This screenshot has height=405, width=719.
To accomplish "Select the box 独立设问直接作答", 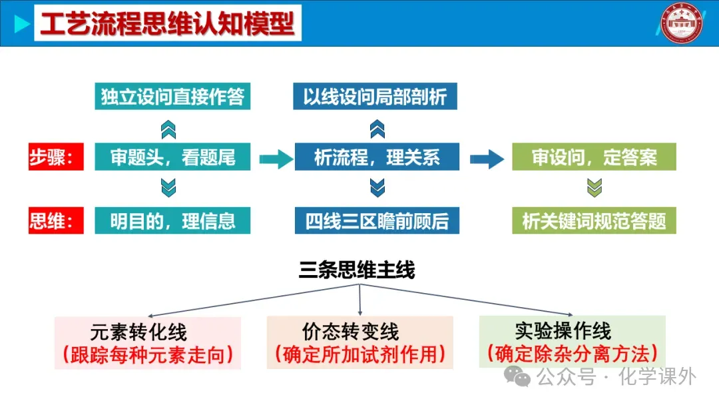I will pyautogui.click(x=172, y=97).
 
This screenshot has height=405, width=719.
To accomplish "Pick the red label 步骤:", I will pyautogui.click(x=56, y=157).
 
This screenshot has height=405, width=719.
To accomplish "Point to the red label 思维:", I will pyautogui.click(x=56, y=220).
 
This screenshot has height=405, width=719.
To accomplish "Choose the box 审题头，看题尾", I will pyautogui.click(x=172, y=157).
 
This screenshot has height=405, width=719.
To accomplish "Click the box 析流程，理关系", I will pyautogui.click(x=377, y=157).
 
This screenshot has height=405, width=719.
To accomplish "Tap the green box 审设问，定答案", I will pyautogui.click(x=594, y=157).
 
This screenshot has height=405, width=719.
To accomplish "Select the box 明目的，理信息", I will pyautogui.click(x=172, y=220).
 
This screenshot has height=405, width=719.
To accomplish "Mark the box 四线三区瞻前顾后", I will pyautogui.click(x=377, y=220).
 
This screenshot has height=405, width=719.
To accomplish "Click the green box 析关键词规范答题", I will pyautogui.click(x=594, y=220).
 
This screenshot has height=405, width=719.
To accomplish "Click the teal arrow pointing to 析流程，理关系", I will pyautogui.click(x=276, y=159).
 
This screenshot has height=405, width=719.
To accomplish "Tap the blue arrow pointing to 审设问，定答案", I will pyautogui.click(x=487, y=159).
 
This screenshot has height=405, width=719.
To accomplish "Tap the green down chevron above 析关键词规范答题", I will pyautogui.click(x=594, y=189).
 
